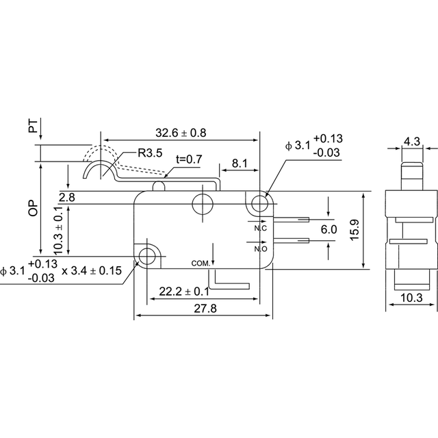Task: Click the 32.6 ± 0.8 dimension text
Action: point(181,133)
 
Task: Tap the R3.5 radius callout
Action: point(150,153)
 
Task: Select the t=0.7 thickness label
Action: point(189,159)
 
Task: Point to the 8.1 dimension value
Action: point(240,163)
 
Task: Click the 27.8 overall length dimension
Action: point(205,309)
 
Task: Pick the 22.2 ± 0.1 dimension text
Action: point(184,292)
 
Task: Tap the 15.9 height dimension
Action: point(355,230)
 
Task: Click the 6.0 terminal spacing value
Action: point(328,229)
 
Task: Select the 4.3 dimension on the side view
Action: point(412,142)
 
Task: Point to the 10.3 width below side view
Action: point(411,298)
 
